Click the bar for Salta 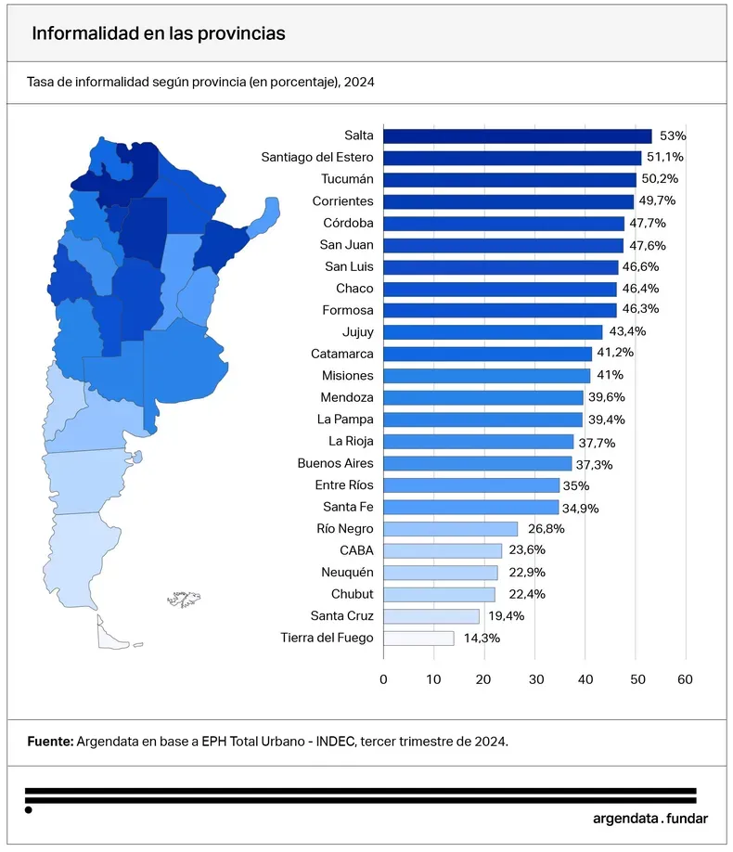click(517, 136)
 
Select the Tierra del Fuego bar click(418, 638)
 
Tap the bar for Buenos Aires click(477, 463)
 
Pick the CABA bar click(443, 550)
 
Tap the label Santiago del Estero click(317, 158)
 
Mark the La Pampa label click(345, 420)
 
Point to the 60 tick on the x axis click(685, 678)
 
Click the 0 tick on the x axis click(383, 678)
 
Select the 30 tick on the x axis click(534, 678)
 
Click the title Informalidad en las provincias click(158, 32)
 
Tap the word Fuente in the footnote click(49, 742)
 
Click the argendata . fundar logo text click(649, 819)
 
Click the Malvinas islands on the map click(185, 600)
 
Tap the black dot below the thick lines click(29, 810)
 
